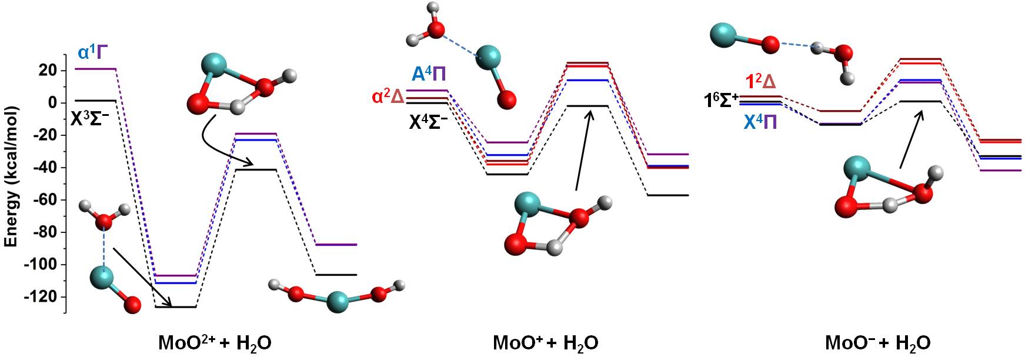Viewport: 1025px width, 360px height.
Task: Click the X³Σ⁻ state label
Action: click(x=90, y=119)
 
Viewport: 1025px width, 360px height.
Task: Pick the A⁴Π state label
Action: click(x=429, y=74)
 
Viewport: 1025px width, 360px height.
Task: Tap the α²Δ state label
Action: click(x=388, y=96)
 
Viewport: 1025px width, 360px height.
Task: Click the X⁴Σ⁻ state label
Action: click(x=429, y=122)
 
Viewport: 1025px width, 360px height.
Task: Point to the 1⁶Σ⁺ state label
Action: click(x=721, y=101)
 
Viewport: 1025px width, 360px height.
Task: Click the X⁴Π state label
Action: click(x=760, y=122)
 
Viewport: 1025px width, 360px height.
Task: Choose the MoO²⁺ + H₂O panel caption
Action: click(x=215, y=342)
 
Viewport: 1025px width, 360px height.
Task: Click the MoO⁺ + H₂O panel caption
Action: click(x=545, y=342)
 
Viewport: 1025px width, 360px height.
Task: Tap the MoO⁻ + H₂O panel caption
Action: click(x=877, y=342)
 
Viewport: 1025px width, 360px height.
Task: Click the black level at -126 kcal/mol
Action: click(x=175, y=307)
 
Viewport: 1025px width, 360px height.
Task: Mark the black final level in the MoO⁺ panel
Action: click(x=667, y=195)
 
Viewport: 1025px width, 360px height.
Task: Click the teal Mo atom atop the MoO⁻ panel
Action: click(x=727, y=35)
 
